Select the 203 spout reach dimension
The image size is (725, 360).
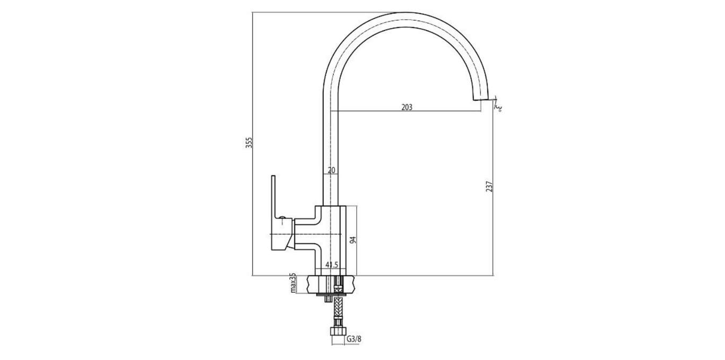tap(407, 107)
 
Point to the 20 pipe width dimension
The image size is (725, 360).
tap(331, 170)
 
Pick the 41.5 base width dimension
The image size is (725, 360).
tap(332, 264)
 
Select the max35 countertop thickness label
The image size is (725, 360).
tap(292, 284)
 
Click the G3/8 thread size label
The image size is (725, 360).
tap(354, 339)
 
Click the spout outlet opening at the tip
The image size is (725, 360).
tap(481, 100)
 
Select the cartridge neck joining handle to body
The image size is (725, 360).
tap(305, 234)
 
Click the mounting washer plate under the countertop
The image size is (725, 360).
tap(332, 293)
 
